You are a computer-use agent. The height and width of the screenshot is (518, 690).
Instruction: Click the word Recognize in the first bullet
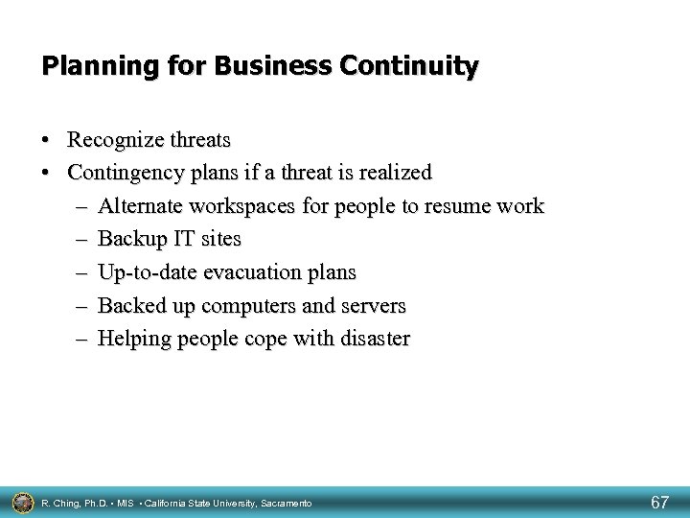(113, 141)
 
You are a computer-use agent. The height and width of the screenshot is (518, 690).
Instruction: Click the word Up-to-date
(145, 272)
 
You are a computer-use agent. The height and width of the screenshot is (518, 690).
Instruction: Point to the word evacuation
(244, 272)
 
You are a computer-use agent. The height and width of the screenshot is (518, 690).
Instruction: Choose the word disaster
(374, 339)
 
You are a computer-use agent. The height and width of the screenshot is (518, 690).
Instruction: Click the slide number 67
(660, 502)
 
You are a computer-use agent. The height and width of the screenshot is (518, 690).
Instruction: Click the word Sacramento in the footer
(284, 503)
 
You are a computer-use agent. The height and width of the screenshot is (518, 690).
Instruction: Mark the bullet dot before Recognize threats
(47, 141)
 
